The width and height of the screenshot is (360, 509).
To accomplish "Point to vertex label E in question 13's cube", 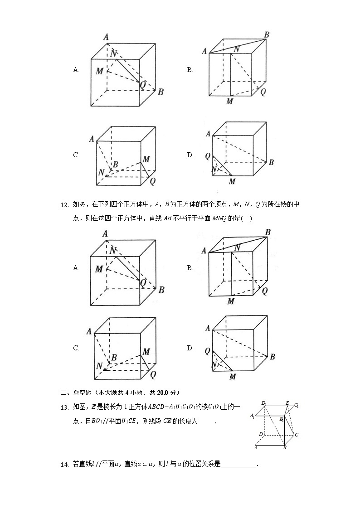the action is click(x=287, y=402).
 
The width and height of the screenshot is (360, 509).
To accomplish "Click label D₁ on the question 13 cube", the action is click(x=263, y=403).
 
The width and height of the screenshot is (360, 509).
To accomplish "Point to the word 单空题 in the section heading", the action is click(x=78, y=392).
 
